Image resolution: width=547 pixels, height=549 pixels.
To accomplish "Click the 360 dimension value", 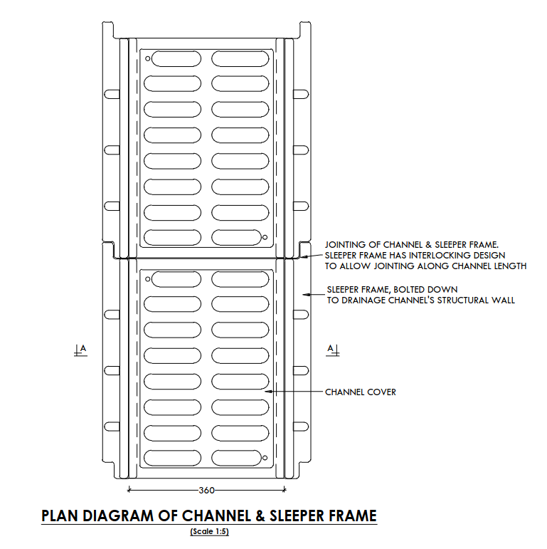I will click(x=206, y=490).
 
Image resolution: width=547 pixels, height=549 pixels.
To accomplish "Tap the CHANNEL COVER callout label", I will click(x=361, y=392).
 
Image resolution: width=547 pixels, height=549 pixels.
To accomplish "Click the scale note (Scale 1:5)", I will click(x=209, y=532).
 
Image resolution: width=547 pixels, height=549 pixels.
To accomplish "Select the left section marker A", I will click(x=80, y=349).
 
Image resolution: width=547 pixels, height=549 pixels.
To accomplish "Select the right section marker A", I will click(x=331, y=349).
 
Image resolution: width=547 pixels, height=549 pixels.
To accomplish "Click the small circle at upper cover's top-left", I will click(x=147, y=59).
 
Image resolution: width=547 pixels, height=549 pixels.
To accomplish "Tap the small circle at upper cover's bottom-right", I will click(x=265, y=237).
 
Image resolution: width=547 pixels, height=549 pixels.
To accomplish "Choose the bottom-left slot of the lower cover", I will click(x=173, y=456).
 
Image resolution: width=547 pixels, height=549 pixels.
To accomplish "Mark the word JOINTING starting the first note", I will click(x=344, y=244).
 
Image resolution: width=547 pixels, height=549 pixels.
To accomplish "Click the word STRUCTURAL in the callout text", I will click(x=457, y=300).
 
